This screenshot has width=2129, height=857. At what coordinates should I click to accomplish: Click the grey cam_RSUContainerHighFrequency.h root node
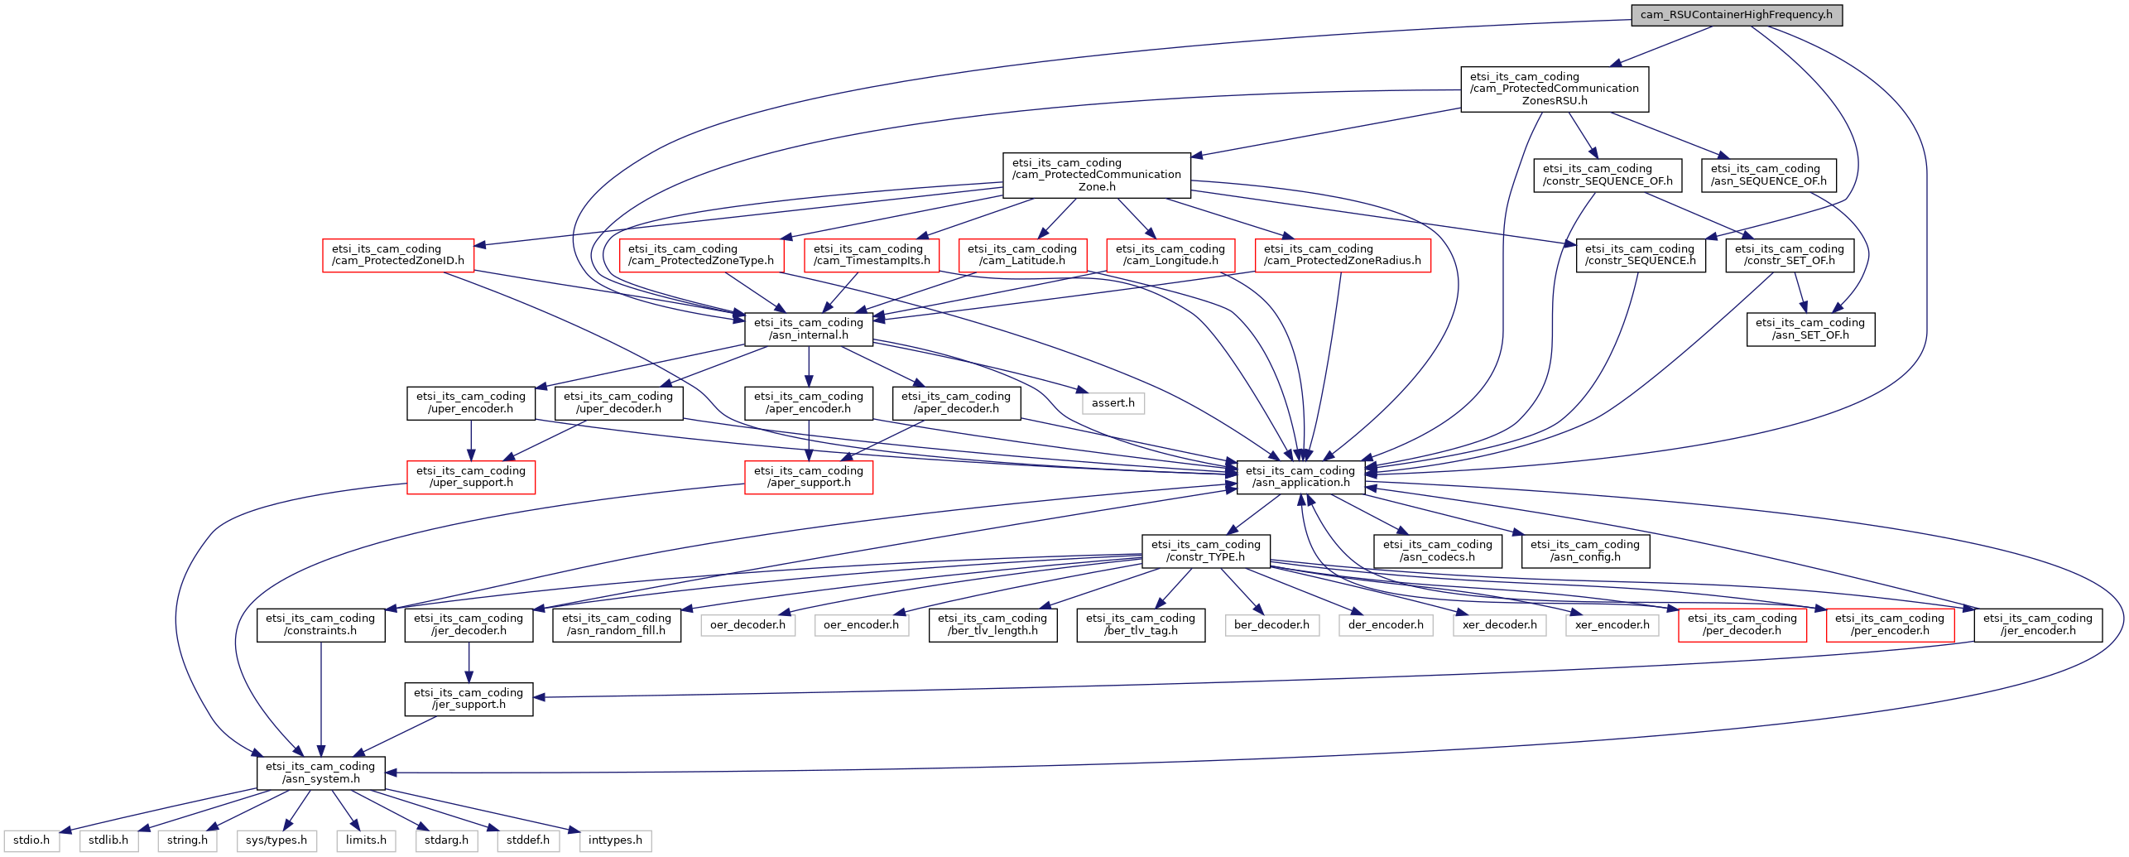(x=1736, y=15)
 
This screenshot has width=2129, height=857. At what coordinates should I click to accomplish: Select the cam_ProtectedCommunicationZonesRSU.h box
(x=1554, y=89)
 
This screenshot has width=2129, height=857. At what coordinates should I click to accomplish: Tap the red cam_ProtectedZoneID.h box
(x=397, y=255)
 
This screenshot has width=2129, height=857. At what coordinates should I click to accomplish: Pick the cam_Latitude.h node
(x=1021, y=255)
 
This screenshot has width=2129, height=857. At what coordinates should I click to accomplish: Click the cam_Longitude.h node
(x=1170, y=255)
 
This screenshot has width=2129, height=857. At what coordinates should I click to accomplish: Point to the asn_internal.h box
(x=808, y=329)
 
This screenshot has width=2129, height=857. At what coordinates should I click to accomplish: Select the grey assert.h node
(x=1113, y=403)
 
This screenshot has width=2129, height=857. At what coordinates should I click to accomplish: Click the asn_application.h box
(x=1300, y=477)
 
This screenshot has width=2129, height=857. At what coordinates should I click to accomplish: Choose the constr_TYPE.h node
(x=1205, y=551)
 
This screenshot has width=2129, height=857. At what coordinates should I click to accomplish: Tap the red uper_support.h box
(x=470, y=477)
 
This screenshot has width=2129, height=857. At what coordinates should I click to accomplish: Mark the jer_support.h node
(x=469, y=699)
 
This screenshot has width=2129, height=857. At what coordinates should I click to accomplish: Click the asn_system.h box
(x=320, y=773)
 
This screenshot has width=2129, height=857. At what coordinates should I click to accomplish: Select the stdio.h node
(x=31, y=840)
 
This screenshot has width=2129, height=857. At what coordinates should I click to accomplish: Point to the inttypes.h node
(x=615, y=840)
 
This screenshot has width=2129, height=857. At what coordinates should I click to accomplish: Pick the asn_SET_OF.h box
(x=1809, y=329)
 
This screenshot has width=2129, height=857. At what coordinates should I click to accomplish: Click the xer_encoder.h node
(x=1612, y=625)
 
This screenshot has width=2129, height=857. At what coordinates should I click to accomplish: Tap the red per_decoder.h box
(x=1742, y=624)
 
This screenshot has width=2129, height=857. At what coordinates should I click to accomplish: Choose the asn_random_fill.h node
(x=616, y=624)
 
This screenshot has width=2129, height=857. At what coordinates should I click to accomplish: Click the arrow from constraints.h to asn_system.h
(x=321, y=700)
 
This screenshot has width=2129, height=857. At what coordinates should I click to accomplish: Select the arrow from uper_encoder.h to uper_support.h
(x=471, y=440)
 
